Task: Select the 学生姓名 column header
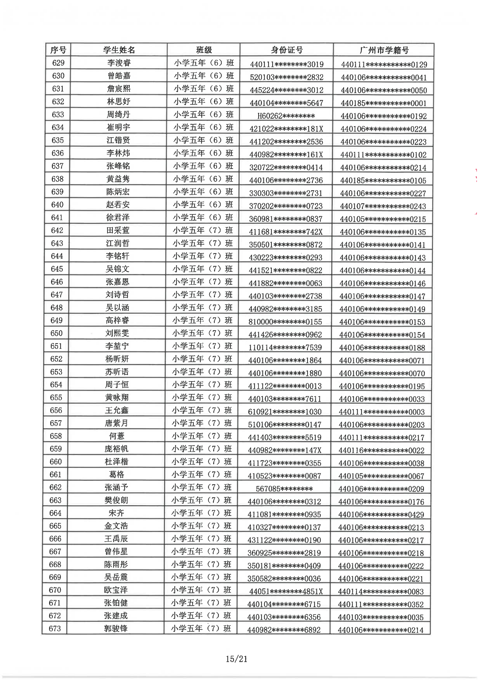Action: tap(119, 50)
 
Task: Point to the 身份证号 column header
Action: tap(287, 50)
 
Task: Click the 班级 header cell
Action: tap(204, 50)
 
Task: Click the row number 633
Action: tap(58, 115)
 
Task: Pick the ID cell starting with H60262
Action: tap(286, 116)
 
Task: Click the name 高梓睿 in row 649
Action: tap(118, 320)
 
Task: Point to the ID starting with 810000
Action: tap(285, 322)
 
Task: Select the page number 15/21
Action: tap(236, 659)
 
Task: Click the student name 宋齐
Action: tap(116, 513)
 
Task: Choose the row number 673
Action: tap(55, 629)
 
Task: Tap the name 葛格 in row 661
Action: tap(117, 475)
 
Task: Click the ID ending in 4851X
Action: tap(286, 591)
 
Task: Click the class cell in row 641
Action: tap(203, 218)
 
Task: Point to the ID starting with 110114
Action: tap(285, 347)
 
